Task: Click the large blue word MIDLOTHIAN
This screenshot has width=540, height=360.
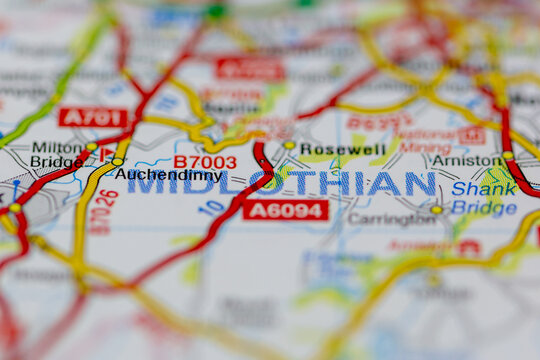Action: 281,184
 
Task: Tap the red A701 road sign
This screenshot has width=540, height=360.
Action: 93,117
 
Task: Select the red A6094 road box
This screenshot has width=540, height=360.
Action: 285,210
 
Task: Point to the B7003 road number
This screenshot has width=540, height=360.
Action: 205,161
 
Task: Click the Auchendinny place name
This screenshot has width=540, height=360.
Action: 167,174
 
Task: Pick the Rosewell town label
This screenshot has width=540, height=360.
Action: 342,150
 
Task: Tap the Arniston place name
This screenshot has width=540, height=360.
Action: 466,160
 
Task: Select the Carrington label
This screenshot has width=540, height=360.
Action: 391,219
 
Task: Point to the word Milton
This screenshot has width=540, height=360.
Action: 57,146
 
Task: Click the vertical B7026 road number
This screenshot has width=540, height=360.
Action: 103,212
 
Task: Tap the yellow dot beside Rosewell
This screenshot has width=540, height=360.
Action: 289,146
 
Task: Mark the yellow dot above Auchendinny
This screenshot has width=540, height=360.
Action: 118,161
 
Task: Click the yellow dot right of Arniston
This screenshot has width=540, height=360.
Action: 508,155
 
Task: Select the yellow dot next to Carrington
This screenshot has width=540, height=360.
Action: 436,210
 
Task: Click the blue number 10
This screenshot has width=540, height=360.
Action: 211,208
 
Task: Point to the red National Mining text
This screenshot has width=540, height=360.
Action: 427,141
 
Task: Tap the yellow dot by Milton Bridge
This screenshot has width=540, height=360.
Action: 91,148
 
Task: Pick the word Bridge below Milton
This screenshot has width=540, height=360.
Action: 56,161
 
